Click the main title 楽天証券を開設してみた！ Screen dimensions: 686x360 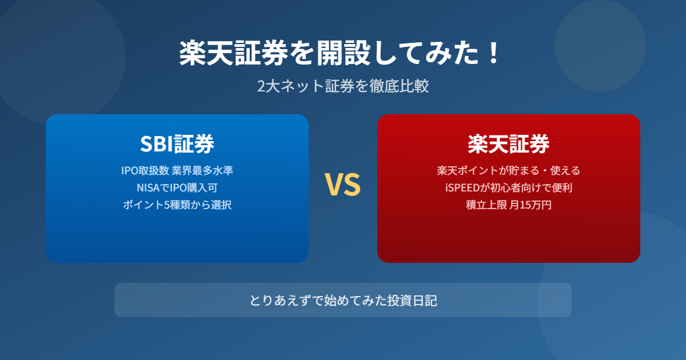click(340, 53)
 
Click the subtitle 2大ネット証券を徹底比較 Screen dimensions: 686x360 click(342, 86)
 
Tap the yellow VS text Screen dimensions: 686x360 click(342, 184)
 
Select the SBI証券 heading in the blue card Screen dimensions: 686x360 click(177, 144)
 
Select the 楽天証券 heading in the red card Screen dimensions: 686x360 click(509, 144)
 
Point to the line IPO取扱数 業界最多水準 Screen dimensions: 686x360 click(177, 170)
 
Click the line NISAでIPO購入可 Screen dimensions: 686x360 click(177, 187)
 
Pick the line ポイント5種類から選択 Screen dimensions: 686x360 click(177, 205)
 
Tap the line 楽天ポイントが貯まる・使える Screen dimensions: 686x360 click(509, 170)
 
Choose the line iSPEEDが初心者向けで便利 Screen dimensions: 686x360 click(509, 187)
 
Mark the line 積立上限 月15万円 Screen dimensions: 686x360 click(509, 205)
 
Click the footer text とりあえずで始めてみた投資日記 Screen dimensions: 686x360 click(343, 301)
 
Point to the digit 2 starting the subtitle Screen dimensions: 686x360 click(261, 86)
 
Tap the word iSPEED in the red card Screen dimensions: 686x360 click(462, 187)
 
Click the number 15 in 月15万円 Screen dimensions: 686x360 click(525, 205)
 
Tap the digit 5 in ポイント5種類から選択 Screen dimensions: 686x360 click(167, 205)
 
